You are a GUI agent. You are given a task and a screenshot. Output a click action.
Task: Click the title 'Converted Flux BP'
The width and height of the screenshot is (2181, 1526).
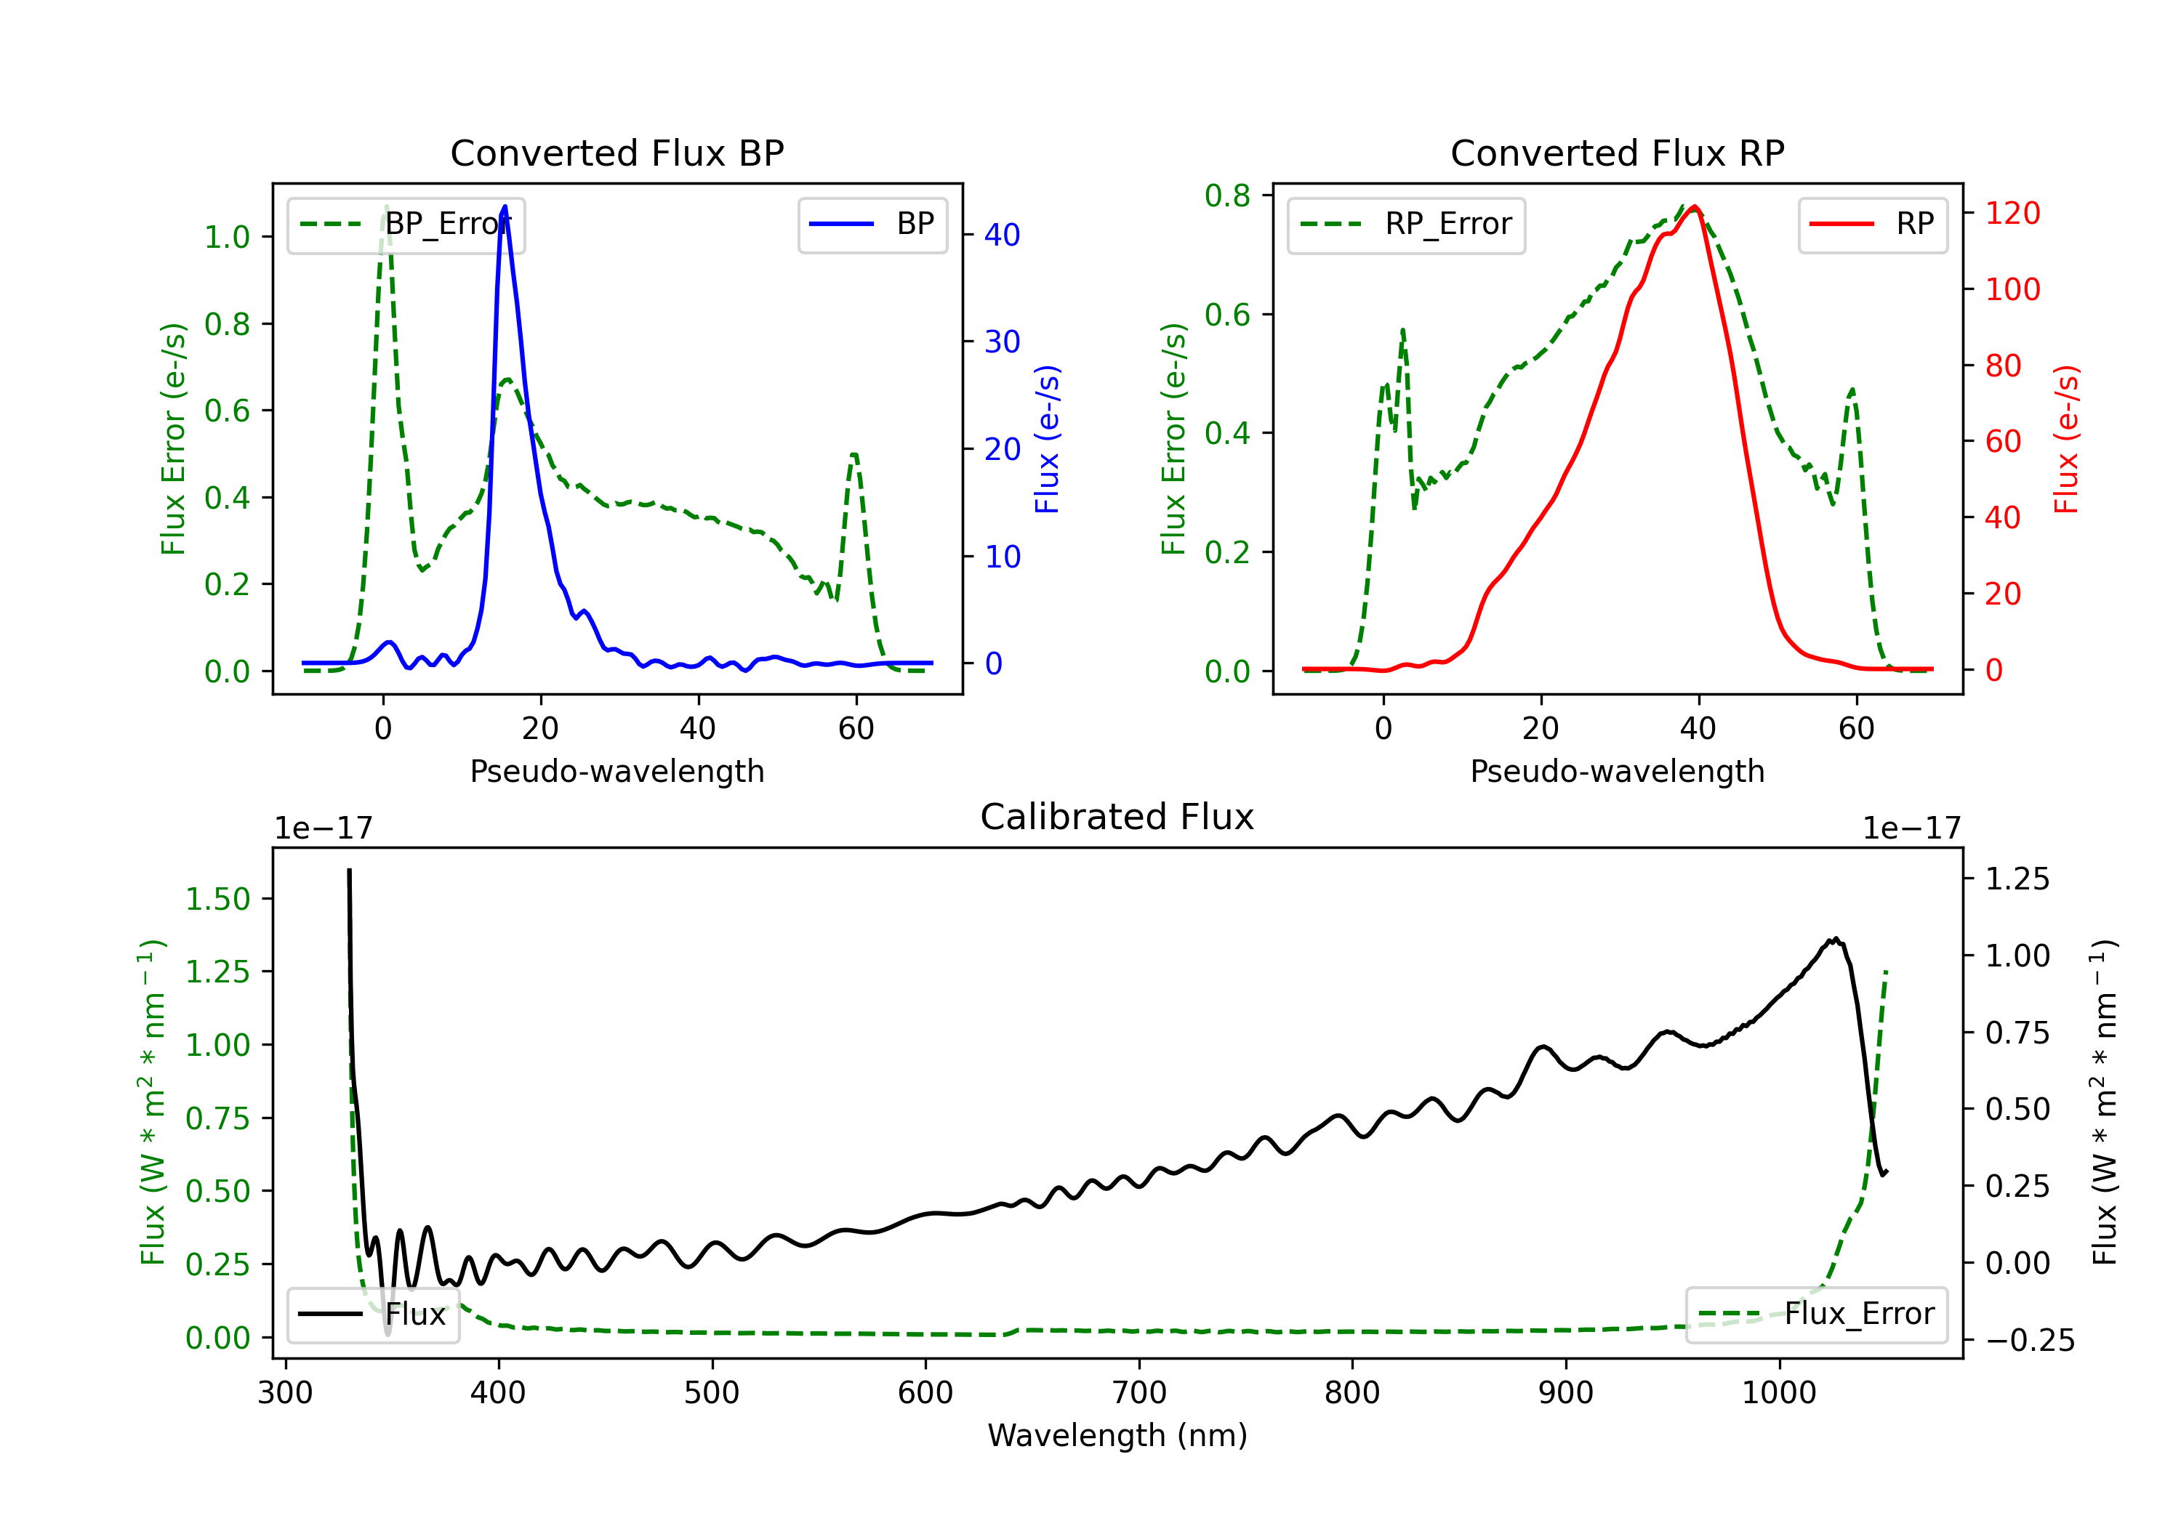tap(617, 153)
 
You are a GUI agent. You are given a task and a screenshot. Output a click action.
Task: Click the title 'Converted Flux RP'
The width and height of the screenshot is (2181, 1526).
tap(1618, 153)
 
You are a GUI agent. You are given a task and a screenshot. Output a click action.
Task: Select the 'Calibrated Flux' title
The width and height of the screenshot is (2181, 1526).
tap(1117, 817)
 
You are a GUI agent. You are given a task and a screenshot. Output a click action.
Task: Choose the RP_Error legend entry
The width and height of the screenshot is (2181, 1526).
tap(1406, 224)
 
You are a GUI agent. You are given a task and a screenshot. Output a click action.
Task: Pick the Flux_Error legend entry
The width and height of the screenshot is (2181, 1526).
tap(1816, 1315)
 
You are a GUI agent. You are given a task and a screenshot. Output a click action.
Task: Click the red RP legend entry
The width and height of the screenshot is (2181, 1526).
tap(1872, 224)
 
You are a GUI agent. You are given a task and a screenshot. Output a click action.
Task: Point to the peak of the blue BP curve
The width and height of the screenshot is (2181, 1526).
tap(505, 206)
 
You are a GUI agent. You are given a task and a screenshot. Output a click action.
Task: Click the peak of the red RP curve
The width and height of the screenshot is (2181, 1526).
tap(1695, 207)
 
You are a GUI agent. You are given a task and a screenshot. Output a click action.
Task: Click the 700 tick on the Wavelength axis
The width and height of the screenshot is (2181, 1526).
tap(1138, 1393)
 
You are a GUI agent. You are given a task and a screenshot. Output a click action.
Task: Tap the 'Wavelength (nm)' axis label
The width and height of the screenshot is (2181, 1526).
tap(1117, 1436)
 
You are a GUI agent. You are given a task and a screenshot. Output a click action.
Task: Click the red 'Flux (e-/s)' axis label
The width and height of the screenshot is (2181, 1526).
tap(2067, 440)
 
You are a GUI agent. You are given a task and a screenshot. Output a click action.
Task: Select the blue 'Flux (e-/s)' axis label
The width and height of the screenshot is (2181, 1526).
tap(1047, 440)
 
